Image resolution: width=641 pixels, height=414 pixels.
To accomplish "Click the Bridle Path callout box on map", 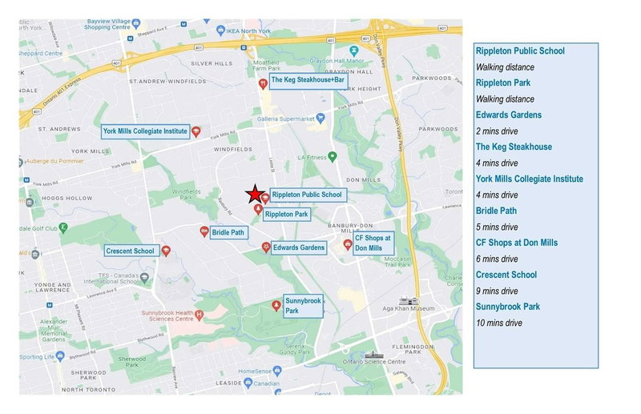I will [228, 233].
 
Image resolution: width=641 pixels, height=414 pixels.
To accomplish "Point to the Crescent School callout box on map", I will [130, 251].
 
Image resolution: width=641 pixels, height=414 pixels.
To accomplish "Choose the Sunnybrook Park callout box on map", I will [303, 305].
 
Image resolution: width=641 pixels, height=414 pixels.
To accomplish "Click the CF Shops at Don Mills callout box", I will [373, 243].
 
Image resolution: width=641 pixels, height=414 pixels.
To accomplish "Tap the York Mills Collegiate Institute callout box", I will [145, 131].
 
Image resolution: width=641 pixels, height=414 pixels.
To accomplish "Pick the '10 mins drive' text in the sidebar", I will [499, 323].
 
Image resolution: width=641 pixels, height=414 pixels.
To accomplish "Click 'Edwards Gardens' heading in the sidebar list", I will [507, 115].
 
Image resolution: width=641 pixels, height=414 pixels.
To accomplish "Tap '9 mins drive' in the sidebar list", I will [497, 291].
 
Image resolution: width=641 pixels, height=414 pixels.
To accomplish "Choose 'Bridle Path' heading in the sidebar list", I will [496, 211].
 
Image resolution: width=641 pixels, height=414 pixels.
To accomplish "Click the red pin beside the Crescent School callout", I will [166, 250].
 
